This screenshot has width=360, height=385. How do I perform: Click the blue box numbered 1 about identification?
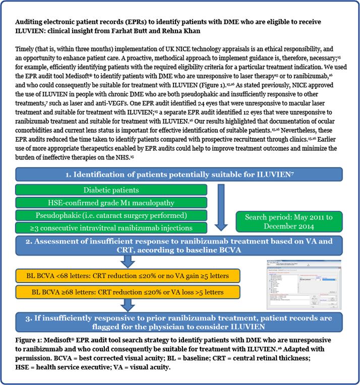click(179, 175)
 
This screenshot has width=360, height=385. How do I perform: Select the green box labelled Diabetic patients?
click(111, 190)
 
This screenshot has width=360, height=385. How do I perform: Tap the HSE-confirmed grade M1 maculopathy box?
click(111, 202)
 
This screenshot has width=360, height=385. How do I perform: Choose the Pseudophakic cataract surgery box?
click(111, 215)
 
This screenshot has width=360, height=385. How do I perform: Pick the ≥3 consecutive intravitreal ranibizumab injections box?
click(111, 228)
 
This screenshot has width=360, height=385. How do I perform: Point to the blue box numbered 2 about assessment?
click(179, 246)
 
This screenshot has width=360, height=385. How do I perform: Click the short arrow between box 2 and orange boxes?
click(128, 261)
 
